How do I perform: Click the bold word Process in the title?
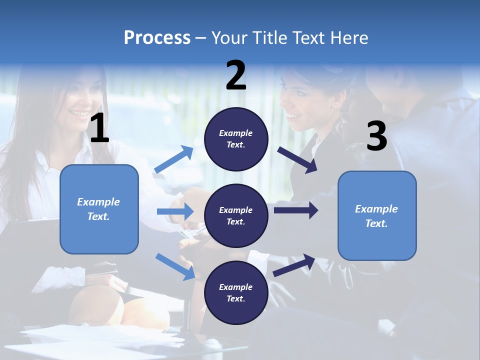tap(157, 38)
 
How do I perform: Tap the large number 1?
tap(99, 128)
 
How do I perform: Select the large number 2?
tap(236, 75)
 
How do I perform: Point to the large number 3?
tap(376, 136)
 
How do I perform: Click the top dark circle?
tap(236, 139)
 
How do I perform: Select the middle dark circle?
tap(236, 216)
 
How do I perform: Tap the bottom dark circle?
tap(236, 293)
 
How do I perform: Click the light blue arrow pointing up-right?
tap(174, 159)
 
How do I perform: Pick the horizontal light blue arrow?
tap(175, 211)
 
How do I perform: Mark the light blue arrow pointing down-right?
tap(175, 266)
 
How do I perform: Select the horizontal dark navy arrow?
tap(295, 210)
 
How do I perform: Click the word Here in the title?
tap(349, 38)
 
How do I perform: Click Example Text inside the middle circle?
tap(236, 216)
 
